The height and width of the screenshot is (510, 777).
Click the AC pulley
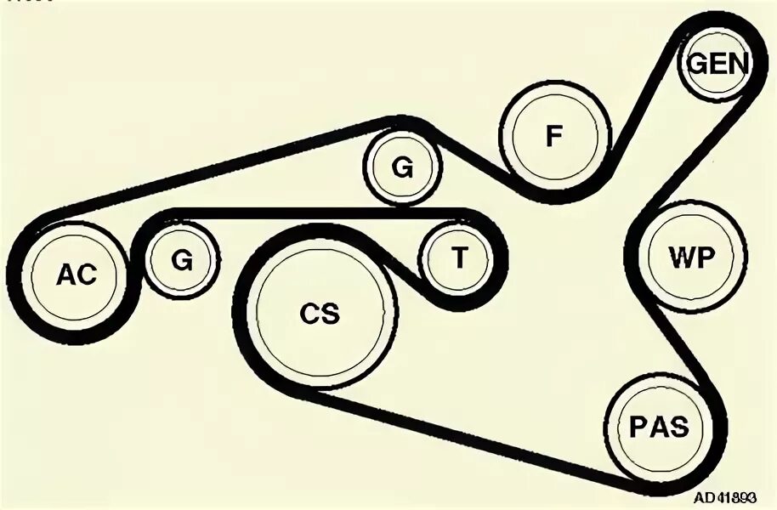[76, 274]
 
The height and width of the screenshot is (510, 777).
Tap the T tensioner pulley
[458, 258]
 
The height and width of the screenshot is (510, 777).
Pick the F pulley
[554, 136]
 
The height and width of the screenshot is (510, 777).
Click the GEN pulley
[717, 63]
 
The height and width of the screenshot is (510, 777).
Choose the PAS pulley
[659, 426]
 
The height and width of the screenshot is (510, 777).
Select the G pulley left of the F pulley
[402, 167]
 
